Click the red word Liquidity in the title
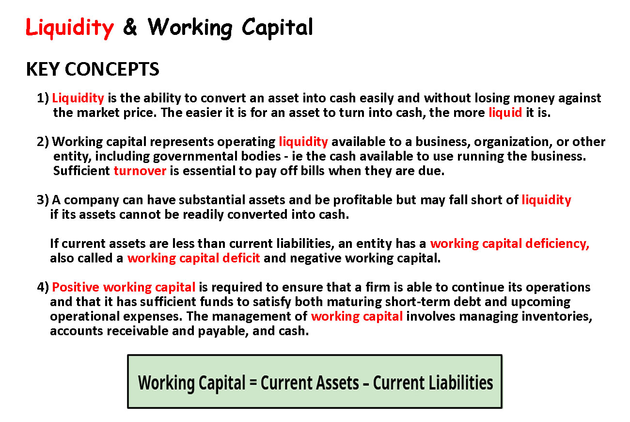(x=69, y=28)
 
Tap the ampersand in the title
(x=130, y=27)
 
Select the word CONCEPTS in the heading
(x=112, y=69)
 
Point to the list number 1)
(x=43, y=98)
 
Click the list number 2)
(x=43, y=142)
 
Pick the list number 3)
(x=43, y=200)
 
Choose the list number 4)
(x=43, y=287)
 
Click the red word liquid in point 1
(x=505, y=113)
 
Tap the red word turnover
(x=140, y=171)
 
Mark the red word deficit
(x=241, y=258)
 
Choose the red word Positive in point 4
(x=76, y=287)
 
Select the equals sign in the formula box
(x=253, y=383)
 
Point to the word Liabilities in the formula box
(x=464, y=383)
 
